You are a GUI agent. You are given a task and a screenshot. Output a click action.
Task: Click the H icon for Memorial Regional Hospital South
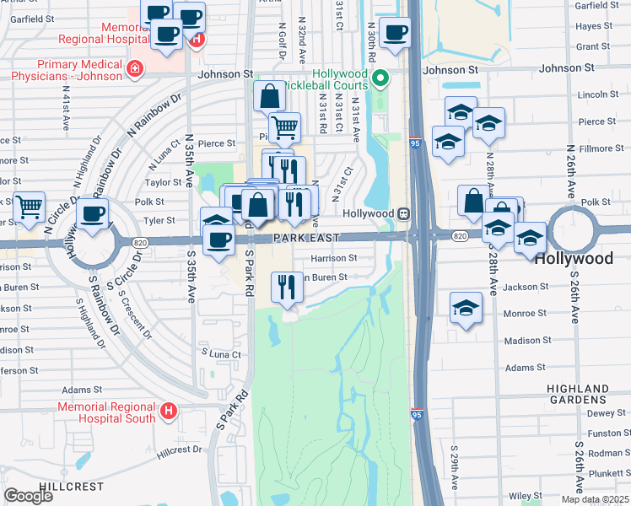[169, 412]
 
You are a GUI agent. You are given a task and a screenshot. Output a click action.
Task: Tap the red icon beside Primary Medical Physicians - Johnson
[133, 68]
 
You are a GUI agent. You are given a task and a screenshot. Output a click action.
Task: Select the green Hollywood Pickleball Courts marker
[380, 80]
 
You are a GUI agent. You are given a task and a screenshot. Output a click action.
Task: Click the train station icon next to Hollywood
[404, 214]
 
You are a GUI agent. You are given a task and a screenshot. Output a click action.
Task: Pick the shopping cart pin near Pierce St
[285, 128]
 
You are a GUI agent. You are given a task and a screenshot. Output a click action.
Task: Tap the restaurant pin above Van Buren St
[287, 287]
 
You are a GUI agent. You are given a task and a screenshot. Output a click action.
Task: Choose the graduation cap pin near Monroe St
[466, 309]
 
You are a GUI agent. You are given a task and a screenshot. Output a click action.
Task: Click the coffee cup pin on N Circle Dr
[92, 214]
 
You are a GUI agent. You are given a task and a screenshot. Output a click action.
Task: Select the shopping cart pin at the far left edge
[30, 206]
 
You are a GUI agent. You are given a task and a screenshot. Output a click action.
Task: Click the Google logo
[29, 496]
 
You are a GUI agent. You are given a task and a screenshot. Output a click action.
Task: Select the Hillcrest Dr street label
[180, 449]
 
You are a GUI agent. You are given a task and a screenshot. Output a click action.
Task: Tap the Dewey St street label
[601, 413]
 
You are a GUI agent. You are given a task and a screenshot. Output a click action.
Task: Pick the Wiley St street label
[525, 496]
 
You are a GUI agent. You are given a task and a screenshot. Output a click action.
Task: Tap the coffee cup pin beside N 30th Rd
[394, 33]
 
